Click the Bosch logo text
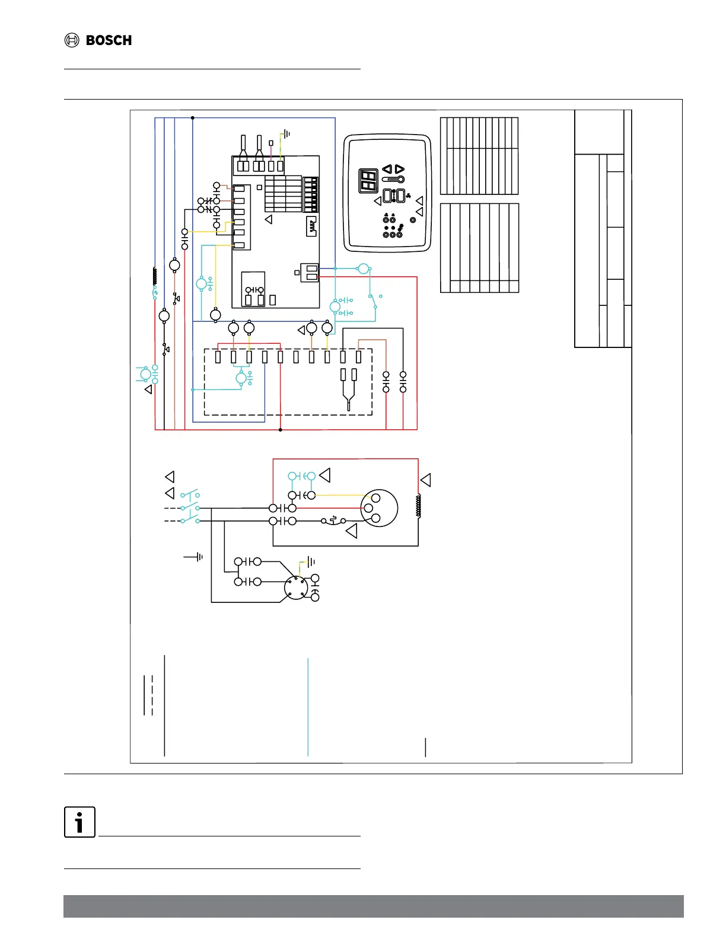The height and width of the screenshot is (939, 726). coord(109,40)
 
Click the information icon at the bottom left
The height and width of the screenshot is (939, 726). coord(79,822)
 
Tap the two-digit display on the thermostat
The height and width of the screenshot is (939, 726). coord(368,181)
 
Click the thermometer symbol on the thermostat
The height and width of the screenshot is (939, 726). coord(394,180)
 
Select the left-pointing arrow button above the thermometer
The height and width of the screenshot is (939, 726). coord(387,169)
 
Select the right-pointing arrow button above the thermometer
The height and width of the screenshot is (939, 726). coord(400,169)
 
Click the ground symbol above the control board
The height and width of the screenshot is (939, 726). coord(287,134)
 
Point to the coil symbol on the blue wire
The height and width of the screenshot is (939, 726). coord(155,276)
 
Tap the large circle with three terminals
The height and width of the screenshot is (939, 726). coord(379,508)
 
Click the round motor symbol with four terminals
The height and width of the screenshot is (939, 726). coord(295,588)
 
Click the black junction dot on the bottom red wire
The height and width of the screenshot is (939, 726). coord(281,429)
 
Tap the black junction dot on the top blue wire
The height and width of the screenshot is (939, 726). coord(193,118)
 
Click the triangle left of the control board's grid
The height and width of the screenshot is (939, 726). coord(269,219)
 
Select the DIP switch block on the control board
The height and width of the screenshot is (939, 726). coord(311,194)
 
